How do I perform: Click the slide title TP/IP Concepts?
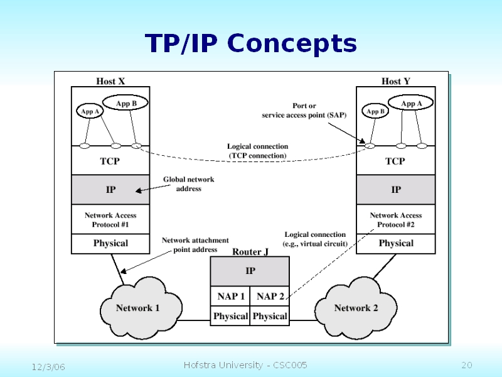point(251,44)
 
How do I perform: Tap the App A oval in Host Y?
point(412,103)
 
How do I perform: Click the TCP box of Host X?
point(110,161)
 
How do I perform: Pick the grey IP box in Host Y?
point(396,189)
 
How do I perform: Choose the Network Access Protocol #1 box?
point(110,219)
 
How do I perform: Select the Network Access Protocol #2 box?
point(396,219)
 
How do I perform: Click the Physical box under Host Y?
point(396,243)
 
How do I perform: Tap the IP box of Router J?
point(250,271)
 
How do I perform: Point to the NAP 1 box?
point(230,296)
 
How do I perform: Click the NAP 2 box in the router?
point(270,296)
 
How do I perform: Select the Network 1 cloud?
point(137,308)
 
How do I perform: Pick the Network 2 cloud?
point(356,308)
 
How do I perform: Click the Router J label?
point(250,252)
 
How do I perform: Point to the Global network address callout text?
point(188,183)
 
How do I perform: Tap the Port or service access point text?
point(304,111)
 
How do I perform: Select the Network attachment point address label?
point(195,244)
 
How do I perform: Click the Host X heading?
point(110,81)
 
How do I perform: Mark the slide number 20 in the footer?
point(466,366)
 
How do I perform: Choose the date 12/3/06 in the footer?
point(49,366)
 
